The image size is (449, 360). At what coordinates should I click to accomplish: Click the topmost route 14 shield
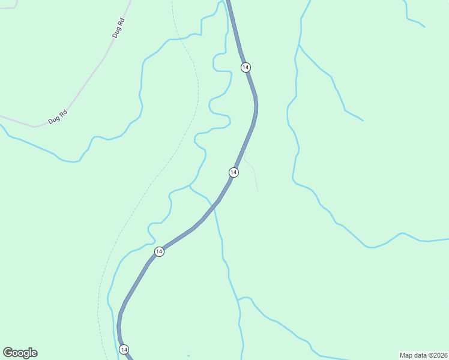245,67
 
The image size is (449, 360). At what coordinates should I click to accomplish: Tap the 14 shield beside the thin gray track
234,172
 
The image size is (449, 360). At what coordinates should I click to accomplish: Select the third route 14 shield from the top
158,251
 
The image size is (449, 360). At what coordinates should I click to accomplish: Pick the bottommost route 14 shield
124,349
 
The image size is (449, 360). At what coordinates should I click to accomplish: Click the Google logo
20,353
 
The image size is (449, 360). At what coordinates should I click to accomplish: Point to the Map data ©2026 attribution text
423,355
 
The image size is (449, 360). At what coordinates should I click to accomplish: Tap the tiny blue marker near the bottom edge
188,356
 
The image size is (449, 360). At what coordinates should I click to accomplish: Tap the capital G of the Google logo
8,353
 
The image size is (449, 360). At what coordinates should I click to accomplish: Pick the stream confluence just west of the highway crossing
190,186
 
